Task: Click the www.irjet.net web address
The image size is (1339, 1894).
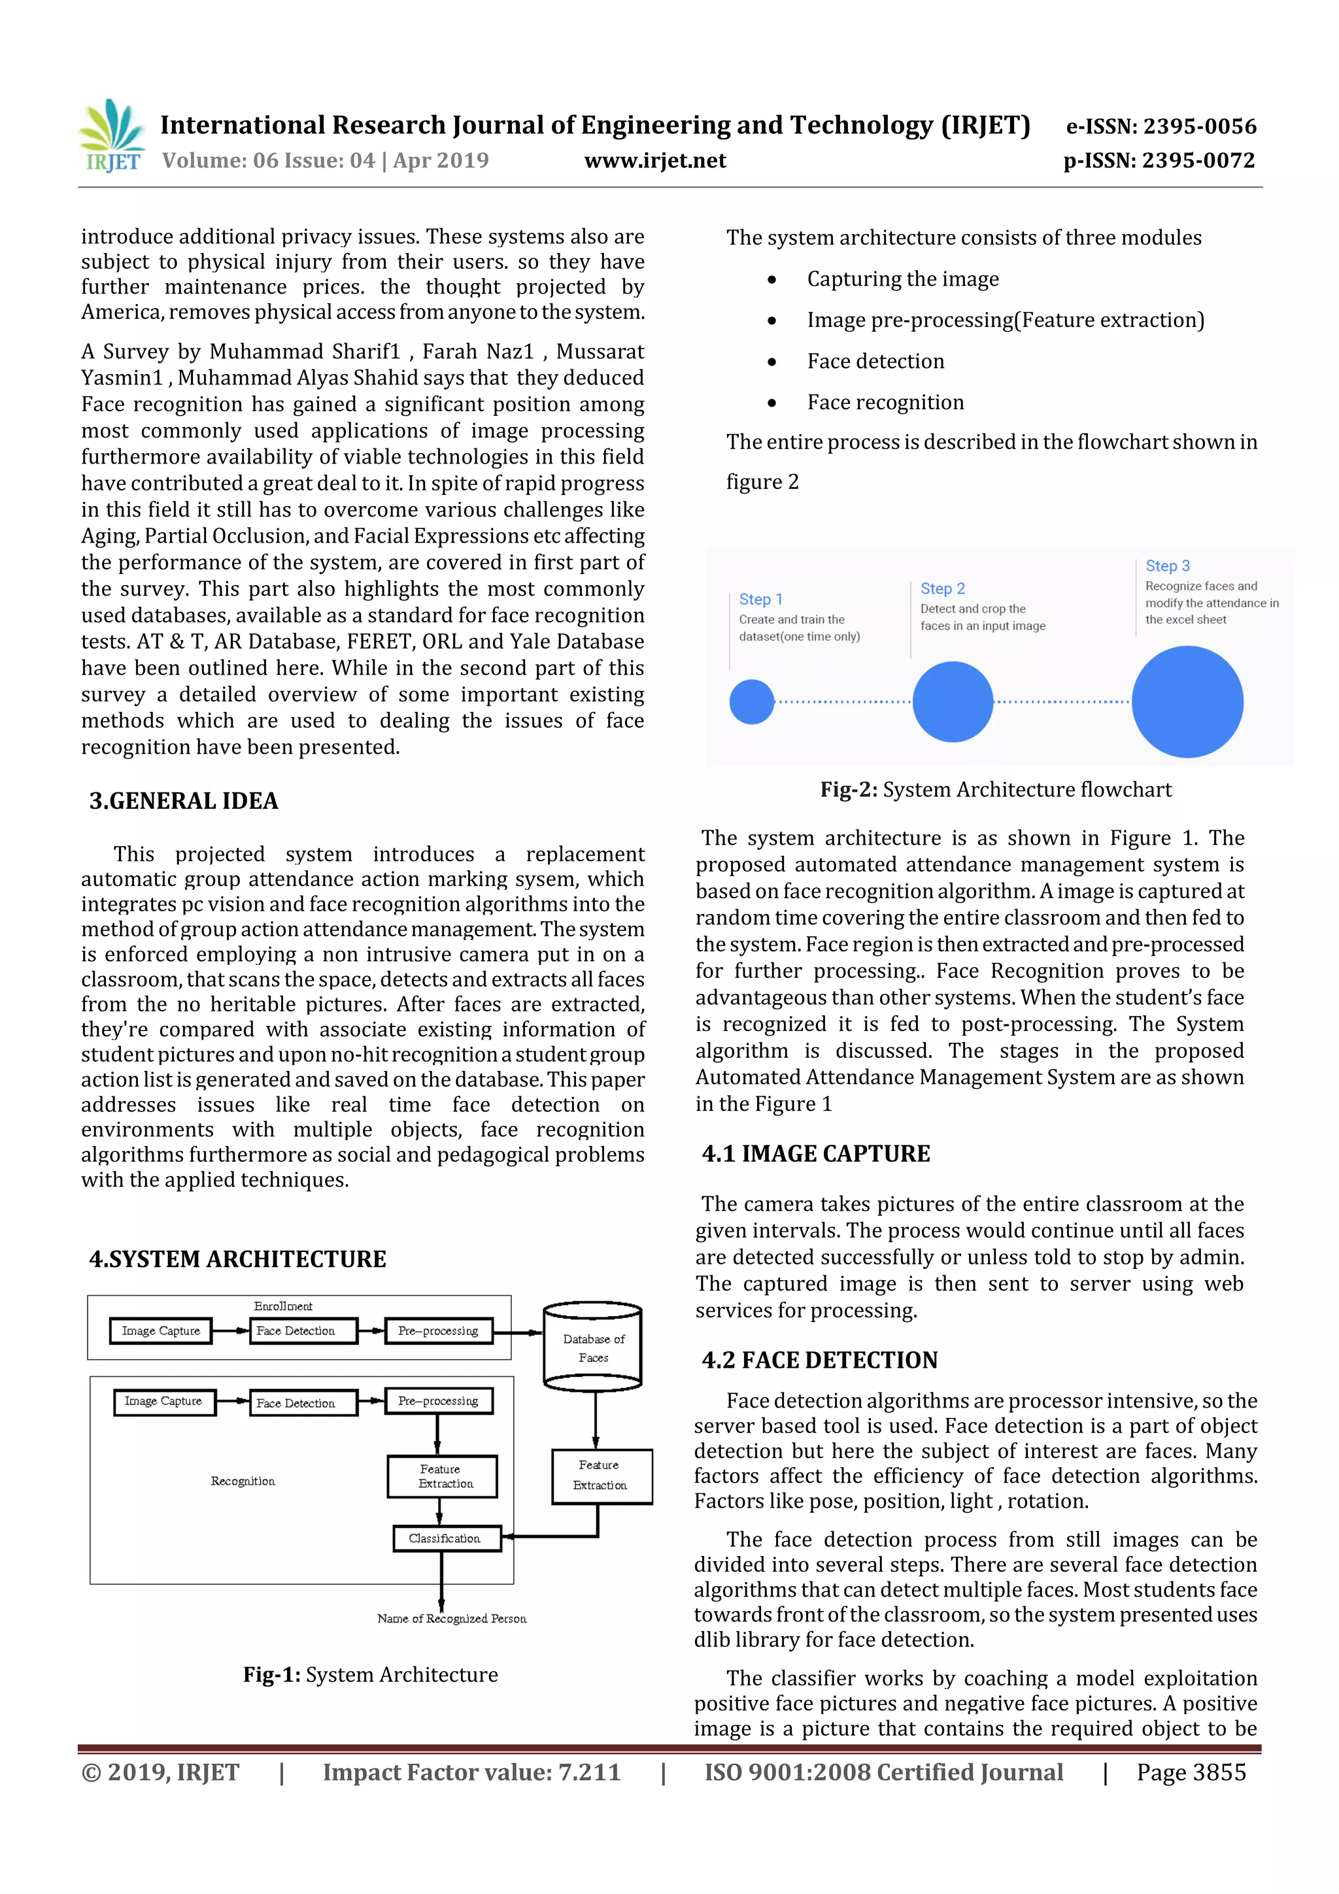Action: click(655, 161)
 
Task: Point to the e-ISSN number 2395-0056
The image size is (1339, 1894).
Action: click(1161, 126)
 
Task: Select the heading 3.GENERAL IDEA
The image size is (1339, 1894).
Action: click(183, 801)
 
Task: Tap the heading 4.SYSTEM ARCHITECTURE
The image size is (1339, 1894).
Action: click(237, 1259)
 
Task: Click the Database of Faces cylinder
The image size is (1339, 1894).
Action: click(593, 1346)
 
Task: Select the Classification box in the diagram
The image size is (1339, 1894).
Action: click(447, 1538)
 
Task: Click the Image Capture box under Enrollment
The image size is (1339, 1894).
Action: click(161, 1330)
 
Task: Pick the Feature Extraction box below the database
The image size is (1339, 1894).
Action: click(602, 1475)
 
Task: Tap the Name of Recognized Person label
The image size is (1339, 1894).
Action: click(451, 1619)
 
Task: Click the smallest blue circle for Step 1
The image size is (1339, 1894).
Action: click(752, 702)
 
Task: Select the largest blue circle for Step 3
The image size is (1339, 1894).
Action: click(1187, 702)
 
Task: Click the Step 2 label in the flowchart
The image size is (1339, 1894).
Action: click(942, 589)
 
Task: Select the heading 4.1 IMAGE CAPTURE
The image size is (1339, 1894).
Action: click(816, 1153)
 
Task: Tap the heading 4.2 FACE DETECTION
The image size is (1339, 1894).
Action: click(819, 1361)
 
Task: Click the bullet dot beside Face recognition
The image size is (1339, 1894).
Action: click(771, 403)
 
